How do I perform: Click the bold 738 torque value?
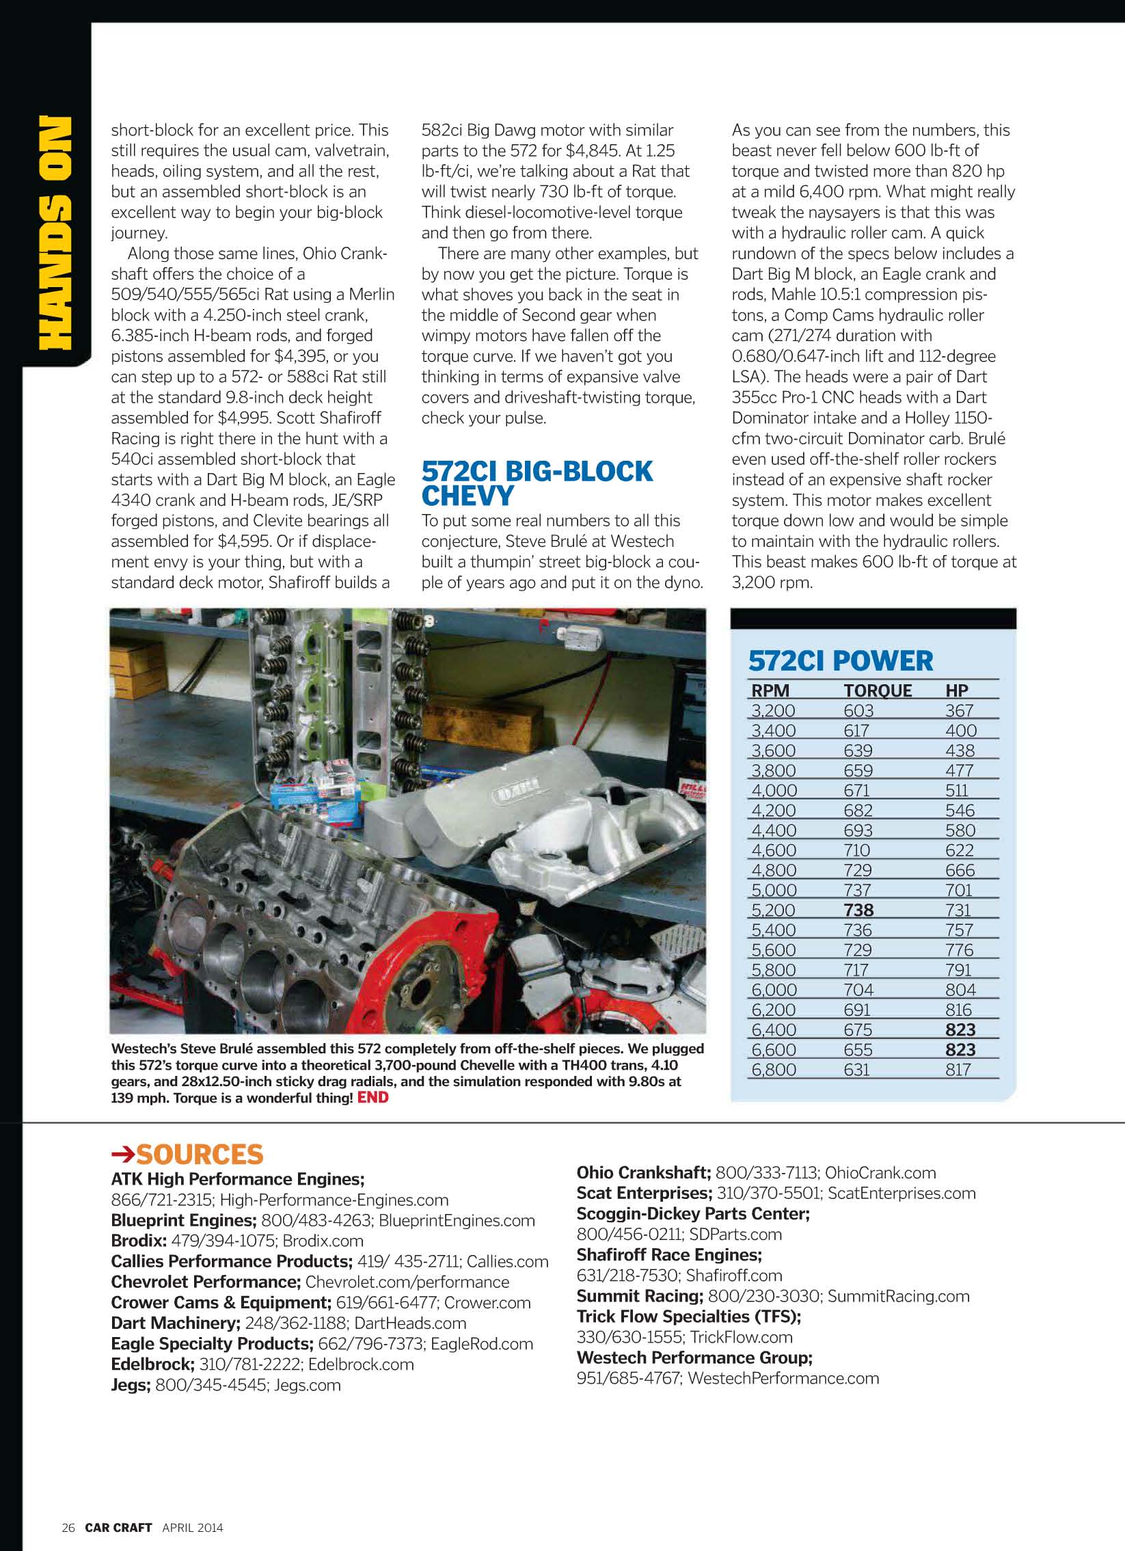pyautogui.click(x=858, y=911)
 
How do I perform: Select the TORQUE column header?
pyautogui.click(x=878, y=690)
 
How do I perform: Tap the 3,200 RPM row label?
pyautogui.click(x=773, y=710)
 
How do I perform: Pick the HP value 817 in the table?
pyautogui.click(x=958, y=1070)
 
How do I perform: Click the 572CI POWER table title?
pyautogui.click(x=841, y=660)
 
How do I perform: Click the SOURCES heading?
pyautogui.click(x=200, y=1155)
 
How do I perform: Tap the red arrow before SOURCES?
pyautogui.click(x=123, y=1155)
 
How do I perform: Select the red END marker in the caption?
pyautogui.click(x=372, y=1097)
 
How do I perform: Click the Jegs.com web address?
pyautogui.click(x=307, y=1385)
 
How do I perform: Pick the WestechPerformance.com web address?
pyautogui.click(x=783, y=1378)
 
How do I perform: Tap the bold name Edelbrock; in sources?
pyautogui.click(x=152, y=1364)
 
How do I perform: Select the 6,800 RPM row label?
pyautogui.click(x=774, y=1070)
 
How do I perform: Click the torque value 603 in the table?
pyautogui.click(x=858, y=710)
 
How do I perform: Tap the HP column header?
pyautogui.click(x=957, y=690)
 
